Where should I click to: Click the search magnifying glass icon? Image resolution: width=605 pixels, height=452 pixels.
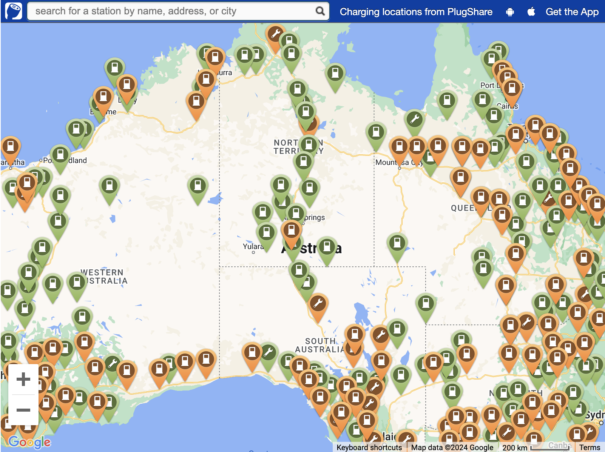coord(320,11)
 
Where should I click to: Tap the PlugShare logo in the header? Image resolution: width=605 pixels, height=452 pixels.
coord(14,11)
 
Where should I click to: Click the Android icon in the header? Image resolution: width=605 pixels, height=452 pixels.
coord(510,12)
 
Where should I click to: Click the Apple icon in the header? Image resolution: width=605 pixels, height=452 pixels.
coord(531,12)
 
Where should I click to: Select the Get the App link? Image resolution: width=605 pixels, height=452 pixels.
coord(572,12)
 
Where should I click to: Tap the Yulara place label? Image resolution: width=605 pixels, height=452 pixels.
coord(253,246)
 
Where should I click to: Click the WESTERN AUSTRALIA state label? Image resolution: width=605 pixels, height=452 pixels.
coord(104,277)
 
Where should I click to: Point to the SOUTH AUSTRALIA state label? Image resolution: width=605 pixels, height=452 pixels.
coord(319,345)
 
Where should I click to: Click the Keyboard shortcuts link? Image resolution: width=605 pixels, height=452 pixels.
coord(369,447)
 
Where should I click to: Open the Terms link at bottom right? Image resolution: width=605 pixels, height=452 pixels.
coord(590,447)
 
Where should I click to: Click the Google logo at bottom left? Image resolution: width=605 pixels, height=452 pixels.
coord(29,442)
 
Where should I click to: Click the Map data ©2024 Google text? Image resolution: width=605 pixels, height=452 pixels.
coord(452,447)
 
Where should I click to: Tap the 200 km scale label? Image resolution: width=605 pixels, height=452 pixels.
coord(514,447)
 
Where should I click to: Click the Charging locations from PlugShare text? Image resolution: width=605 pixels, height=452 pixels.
coord(416,12)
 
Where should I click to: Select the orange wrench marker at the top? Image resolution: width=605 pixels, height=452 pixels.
coord(275,35)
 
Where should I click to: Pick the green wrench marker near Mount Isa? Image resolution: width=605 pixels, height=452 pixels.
coord(414,120)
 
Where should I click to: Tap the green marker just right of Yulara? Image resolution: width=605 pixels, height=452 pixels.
coord(266,232)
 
